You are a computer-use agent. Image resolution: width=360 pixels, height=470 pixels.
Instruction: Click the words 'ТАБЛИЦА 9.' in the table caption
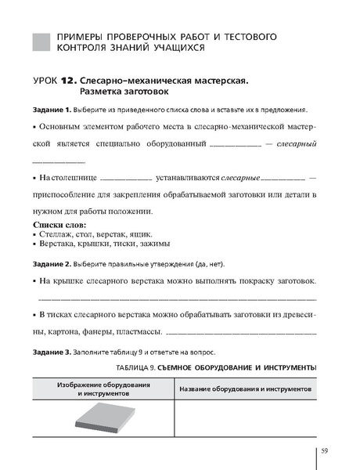134,367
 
